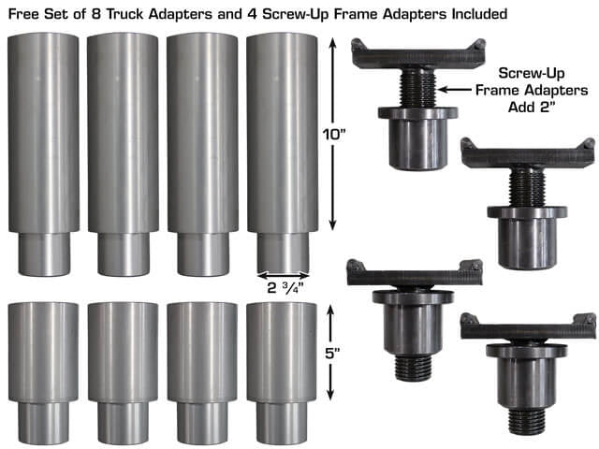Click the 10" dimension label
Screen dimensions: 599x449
click(x=334, y=135)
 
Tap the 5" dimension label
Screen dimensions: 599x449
click(x=332, y=354)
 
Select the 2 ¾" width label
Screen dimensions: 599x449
click(x=285, y=288)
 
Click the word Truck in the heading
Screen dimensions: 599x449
click(x=125, y=14)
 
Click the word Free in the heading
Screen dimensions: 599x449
click(x=23, y=14)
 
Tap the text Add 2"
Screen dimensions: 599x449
click(x=531, y=107)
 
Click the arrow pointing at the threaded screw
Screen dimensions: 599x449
click(x=455, y=90)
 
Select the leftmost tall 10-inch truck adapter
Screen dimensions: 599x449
click(x=44, y=154)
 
